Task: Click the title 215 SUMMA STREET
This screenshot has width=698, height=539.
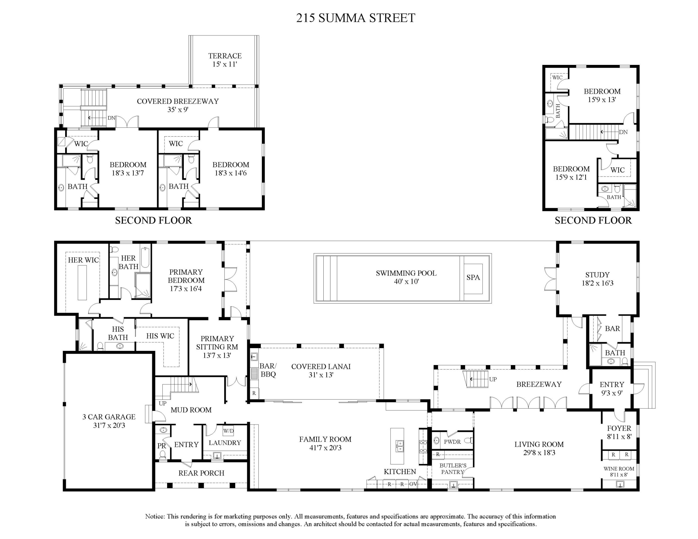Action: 355,18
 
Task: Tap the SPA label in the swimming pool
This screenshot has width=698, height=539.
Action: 473,277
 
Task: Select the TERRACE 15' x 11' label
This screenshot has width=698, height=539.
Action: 225,60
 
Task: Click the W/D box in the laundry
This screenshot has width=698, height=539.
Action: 228,431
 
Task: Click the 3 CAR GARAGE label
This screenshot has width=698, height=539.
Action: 109,421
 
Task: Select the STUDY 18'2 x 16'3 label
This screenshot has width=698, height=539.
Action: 597,279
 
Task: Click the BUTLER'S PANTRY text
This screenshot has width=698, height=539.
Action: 453,469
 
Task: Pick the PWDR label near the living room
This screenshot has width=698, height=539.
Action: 452,442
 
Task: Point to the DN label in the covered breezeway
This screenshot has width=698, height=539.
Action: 111,118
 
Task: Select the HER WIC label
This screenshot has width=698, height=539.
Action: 83,260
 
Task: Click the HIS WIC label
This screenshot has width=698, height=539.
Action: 160,336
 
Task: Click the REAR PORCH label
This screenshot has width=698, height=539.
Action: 201,473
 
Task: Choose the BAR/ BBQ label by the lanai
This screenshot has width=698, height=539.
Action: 268,370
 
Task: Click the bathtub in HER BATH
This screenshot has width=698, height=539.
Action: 145,257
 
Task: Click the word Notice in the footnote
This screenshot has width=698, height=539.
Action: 155,516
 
